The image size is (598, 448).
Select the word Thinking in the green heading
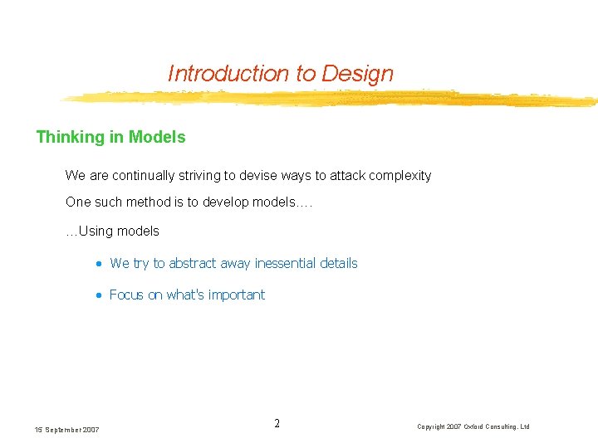click(70, 137)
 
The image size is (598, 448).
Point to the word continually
click(144, 176)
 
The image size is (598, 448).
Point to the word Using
click(95, 231)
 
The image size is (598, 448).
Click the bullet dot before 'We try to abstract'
click(98, 264)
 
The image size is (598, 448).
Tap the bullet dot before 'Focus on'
click(98, 295)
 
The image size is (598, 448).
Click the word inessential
click(285, 264)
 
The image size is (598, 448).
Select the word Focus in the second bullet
click(126, 295)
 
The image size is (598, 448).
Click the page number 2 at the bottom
click(277, 424)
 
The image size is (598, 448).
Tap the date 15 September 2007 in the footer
click(66, 429)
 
